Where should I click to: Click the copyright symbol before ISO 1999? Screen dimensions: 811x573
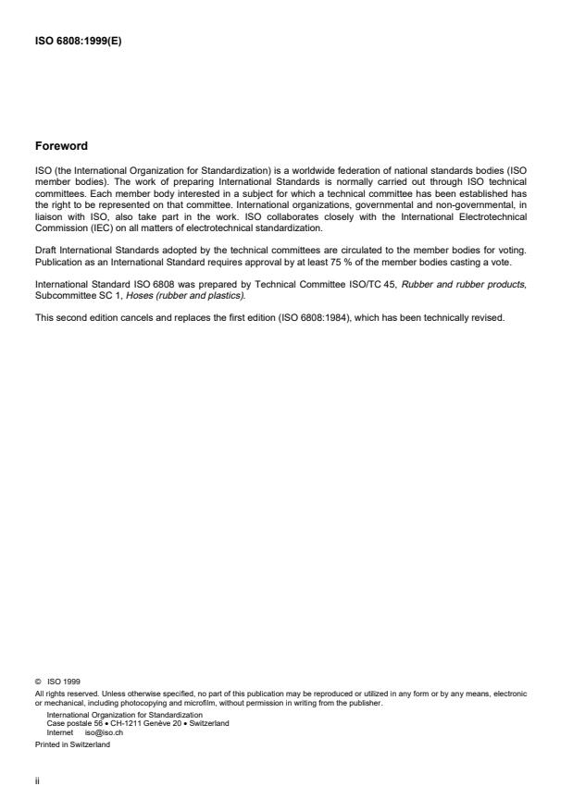pos(38,683)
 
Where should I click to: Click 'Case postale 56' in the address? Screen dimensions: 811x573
pos(76,722)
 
